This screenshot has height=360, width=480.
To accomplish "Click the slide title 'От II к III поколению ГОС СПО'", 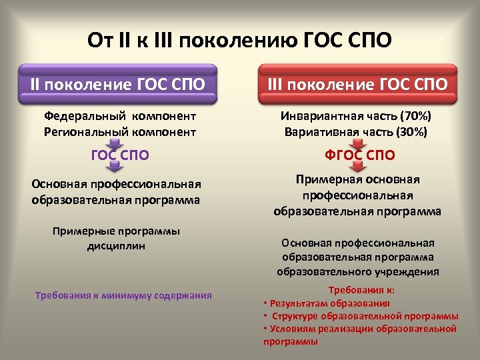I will tap(239, 41).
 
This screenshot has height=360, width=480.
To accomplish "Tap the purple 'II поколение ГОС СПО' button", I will tap(117, 85).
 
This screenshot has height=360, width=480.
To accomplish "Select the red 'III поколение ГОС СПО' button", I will tap(357, 85).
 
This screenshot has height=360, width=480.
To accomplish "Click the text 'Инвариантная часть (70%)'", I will tap(357, 116).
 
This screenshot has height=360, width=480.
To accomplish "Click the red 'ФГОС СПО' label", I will tap(360, 156).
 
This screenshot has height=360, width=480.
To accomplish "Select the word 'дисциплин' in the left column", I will tap(116, 245).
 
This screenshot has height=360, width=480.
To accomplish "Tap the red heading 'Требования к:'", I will tap(361, 290).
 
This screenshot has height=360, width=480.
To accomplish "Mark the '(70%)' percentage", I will tap(416, 116).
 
